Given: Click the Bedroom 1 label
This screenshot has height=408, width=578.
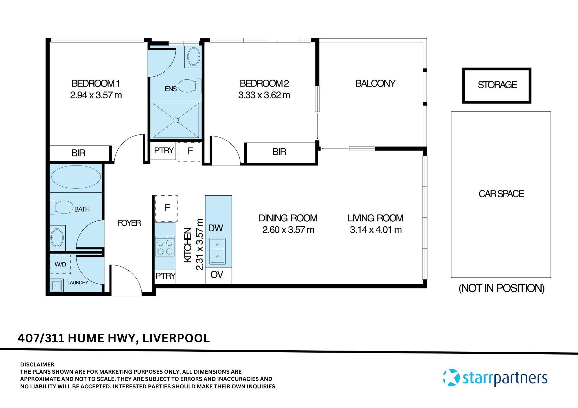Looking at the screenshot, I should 96,83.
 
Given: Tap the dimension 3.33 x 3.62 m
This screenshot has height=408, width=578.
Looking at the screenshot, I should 264,95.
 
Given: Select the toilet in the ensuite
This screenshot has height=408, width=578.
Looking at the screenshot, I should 188,86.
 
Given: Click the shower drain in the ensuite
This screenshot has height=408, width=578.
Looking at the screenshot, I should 176,120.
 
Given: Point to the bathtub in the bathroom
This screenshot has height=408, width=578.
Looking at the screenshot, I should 76,177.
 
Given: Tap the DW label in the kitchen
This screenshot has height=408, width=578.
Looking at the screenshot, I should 216,228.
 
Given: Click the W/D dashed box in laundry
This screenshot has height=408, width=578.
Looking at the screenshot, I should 60,264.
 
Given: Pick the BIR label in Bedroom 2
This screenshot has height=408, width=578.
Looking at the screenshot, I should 279,152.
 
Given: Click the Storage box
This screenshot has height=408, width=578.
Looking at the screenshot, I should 497,85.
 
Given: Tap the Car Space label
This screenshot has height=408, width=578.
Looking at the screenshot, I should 501,194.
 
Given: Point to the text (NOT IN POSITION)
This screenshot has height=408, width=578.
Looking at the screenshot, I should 501,288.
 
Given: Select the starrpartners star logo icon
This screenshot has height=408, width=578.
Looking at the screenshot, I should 451,377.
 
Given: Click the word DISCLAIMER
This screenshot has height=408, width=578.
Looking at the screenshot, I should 37,364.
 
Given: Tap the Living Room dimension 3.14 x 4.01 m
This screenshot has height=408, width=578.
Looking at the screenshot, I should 376,230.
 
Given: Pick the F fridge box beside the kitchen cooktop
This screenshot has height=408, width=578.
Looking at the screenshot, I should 166,208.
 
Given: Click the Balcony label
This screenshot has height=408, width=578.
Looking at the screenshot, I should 375,83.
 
